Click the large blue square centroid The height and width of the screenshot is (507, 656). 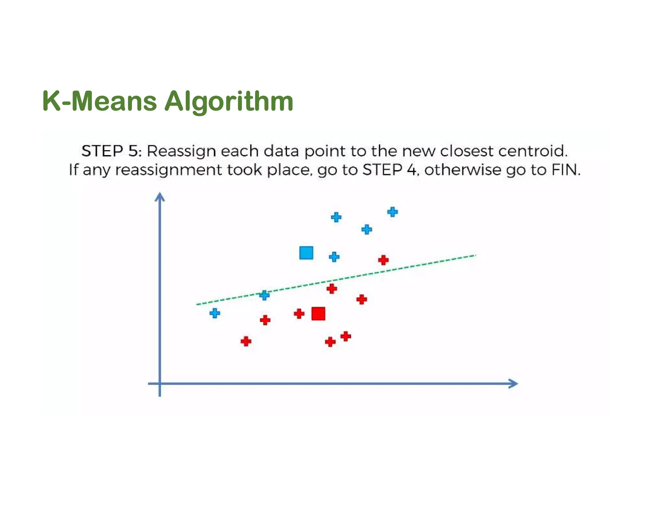(306, 253)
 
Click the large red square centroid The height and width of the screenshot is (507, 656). (318, 313)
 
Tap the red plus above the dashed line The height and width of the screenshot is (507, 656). (383, 260)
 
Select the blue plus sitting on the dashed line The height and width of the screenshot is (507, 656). (264, 295)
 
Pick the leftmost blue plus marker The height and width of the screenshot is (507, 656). (215, 313)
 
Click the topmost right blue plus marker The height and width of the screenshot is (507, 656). (392, 212)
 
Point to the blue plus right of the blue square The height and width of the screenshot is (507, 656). (334, 257)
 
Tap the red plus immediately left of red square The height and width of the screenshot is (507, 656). (299, 313)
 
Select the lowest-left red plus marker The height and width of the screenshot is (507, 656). (246, 341)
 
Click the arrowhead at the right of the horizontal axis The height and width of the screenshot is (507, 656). (513, 384)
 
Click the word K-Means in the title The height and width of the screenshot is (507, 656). (99, 101)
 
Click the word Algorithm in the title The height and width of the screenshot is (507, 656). (229, 102)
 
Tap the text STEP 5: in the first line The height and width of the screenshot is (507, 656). (111, 151)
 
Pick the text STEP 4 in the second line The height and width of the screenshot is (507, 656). (389, 170)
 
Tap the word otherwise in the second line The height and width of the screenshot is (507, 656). (463, 170)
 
